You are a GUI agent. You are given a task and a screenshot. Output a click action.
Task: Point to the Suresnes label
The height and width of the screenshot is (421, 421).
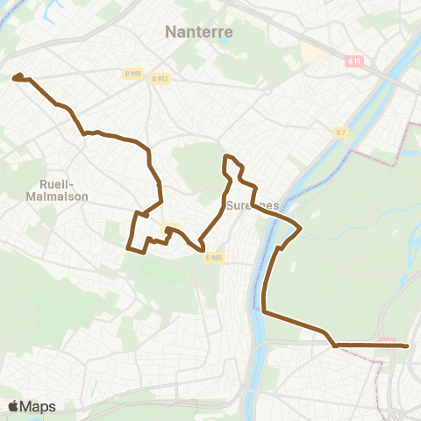(x=252, y=206)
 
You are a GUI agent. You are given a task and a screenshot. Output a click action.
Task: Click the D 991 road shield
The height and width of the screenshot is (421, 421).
(x=132, y=74)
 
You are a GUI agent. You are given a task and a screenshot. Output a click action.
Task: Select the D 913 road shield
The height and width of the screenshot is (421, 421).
(x=160, y=79)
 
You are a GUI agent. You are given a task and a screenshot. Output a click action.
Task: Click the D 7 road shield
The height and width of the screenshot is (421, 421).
(x=341, y=132)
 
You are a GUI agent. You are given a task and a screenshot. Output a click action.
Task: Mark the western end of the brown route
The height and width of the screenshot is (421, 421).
(x=16, y=78)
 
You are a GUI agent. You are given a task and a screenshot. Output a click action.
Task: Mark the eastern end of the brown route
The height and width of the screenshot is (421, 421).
(x=408, y=346)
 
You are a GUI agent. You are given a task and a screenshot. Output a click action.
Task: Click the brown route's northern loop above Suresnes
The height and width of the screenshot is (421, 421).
(x=231, y=159)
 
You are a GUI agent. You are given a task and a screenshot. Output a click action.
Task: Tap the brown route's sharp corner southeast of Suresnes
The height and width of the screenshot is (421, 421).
(x=301, y=230)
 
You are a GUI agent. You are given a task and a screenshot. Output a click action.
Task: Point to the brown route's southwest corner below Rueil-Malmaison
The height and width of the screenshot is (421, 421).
(x=130, y=248)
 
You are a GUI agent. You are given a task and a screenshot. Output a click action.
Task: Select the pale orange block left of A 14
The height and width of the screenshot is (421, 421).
(x=312, y=54)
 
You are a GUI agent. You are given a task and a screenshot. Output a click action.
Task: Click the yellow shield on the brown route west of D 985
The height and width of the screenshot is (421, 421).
(x=169, y=230)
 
